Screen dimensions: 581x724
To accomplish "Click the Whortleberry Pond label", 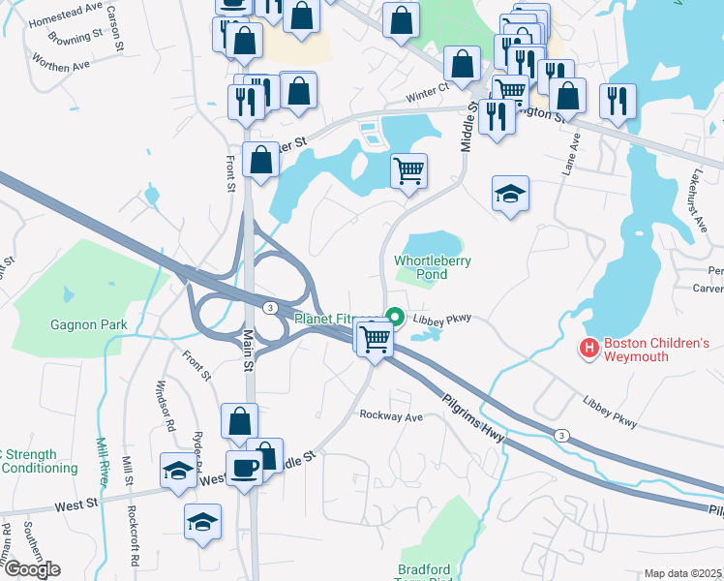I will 421,267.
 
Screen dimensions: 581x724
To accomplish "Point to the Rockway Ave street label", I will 392,416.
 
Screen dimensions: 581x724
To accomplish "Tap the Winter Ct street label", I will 428,89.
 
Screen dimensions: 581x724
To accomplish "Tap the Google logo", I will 31,568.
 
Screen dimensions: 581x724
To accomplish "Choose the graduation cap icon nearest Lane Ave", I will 509,194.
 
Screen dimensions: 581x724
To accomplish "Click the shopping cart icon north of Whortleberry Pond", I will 409,170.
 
